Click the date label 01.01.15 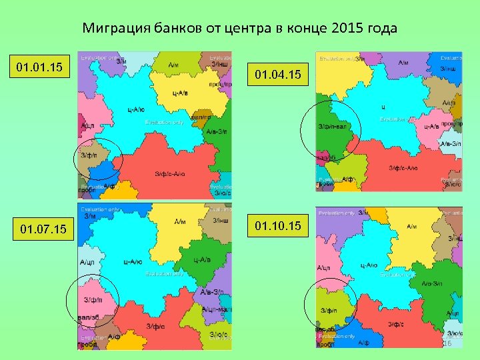pos(39,67)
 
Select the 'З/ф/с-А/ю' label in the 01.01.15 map pos(170,174)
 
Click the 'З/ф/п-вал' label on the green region pos(332,126)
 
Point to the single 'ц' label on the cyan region pos(383,106)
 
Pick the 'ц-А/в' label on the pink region pos(431,126)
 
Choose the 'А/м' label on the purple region pos(403,63)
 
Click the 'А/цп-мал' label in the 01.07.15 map pos(216,309)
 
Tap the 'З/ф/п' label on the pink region pos(92,299)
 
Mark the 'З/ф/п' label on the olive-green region pos(329,311)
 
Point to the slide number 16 pos(447,343)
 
